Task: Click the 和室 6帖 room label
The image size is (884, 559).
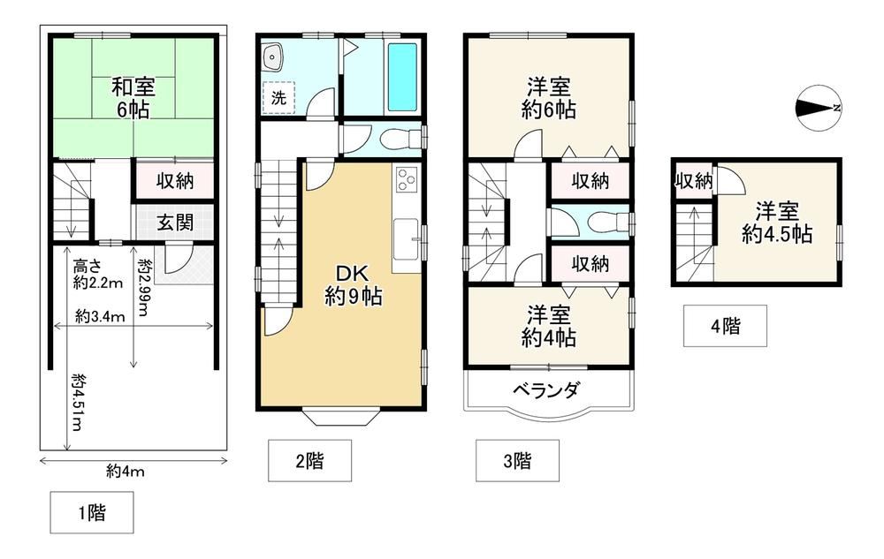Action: (133, 99)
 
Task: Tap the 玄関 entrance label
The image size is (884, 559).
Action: (175, 223)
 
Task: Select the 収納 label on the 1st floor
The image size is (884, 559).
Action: (175, 181)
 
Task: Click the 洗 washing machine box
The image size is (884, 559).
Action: (278, 98)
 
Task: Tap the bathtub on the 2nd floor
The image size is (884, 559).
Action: (402, 78)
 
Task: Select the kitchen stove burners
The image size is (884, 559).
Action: (407, 180)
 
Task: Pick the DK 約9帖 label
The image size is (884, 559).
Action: (353, 285)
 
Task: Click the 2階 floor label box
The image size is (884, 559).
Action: (309, 461)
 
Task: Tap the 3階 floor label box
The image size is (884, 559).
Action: (517, 461)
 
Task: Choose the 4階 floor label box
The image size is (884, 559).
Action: (725, 326)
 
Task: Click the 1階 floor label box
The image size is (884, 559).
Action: (92, 512)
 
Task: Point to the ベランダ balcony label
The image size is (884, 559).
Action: (545, 389)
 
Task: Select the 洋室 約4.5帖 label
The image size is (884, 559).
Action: (777, 223)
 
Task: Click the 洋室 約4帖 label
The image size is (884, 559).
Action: (549, 326)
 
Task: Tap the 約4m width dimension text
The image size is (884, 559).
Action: (126, 472)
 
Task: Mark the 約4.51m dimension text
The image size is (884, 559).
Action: (77, 403)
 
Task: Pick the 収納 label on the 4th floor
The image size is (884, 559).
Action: (693, 181)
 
